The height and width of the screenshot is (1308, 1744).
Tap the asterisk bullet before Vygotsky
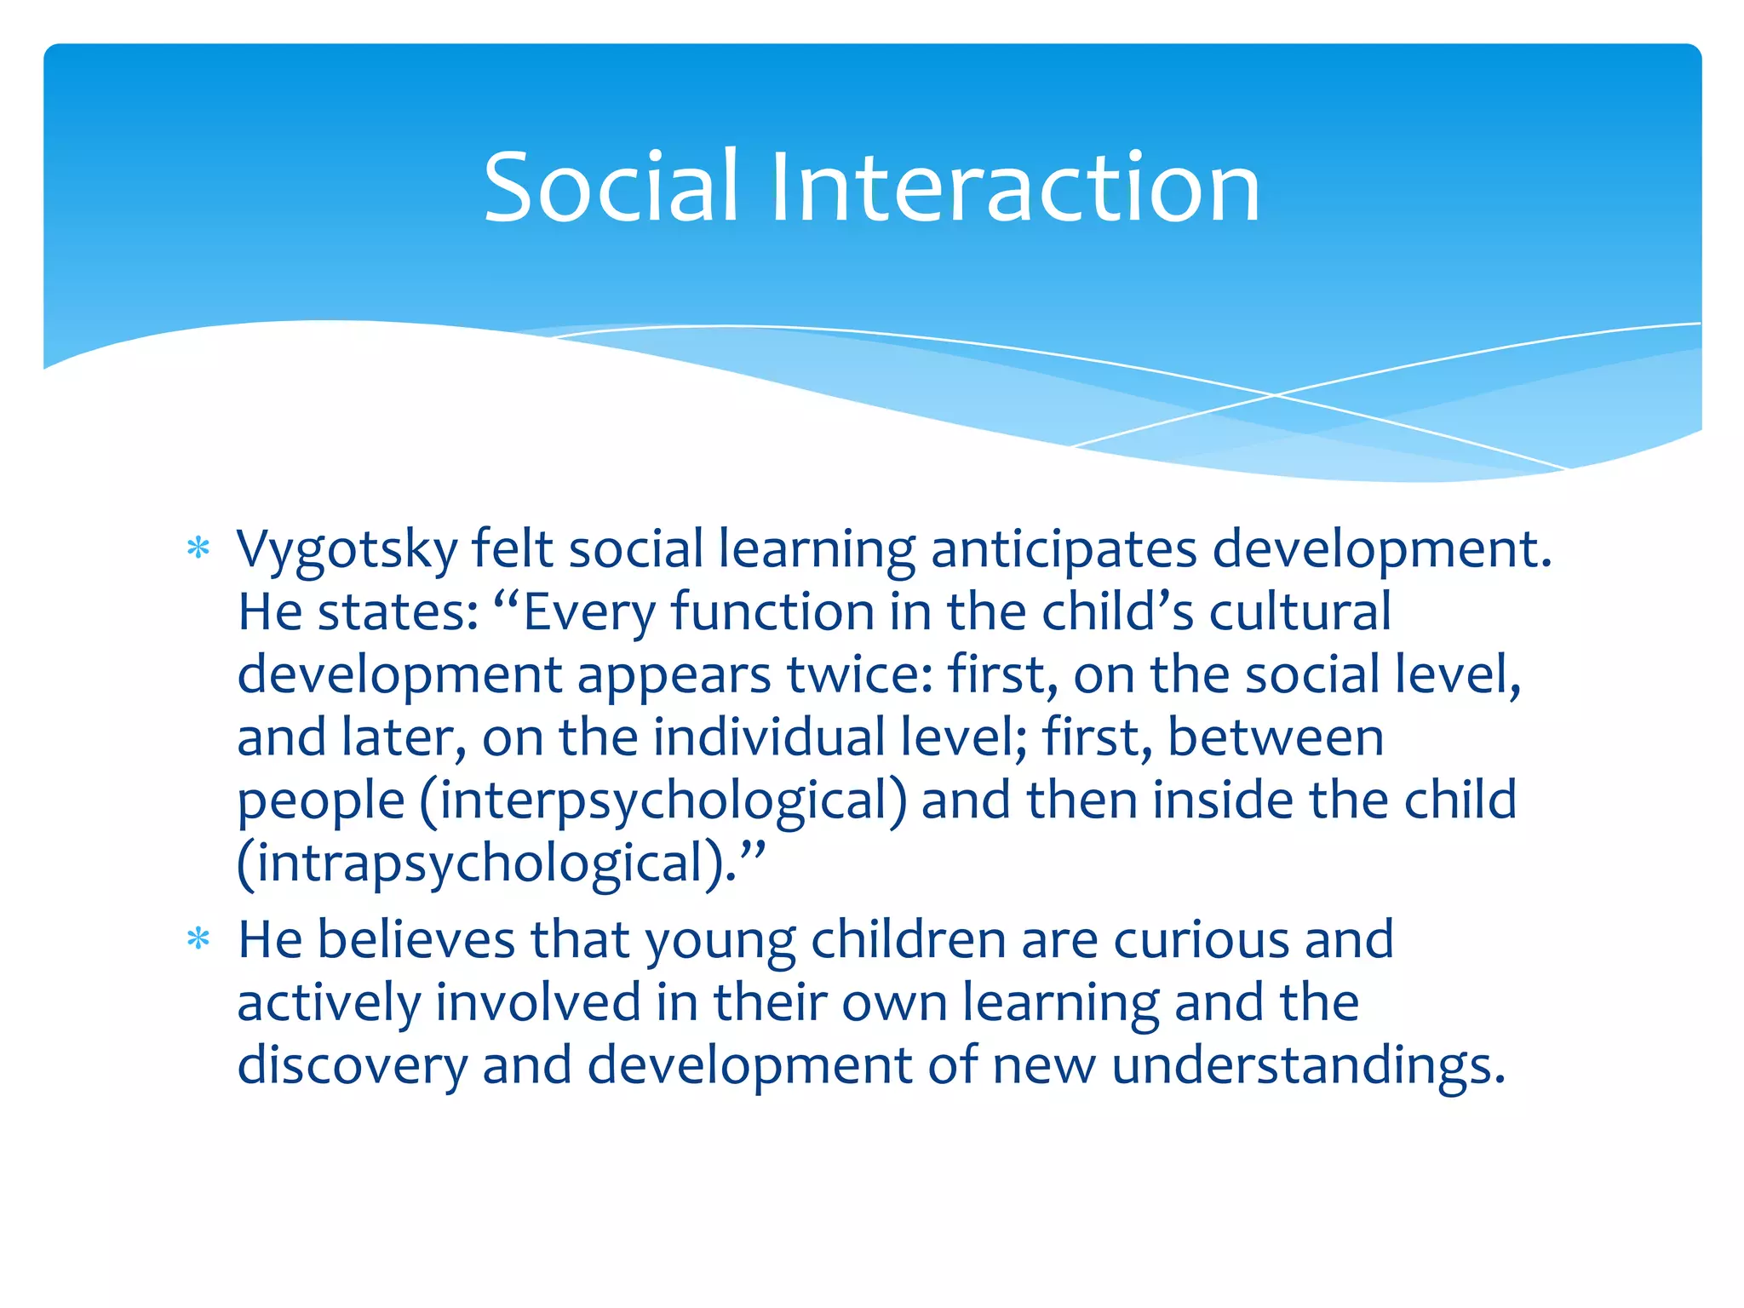[198, 548]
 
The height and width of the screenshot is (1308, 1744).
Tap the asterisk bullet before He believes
[198, 939]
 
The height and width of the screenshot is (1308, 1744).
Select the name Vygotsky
[347, 549]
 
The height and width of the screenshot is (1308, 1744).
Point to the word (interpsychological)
[663, 800]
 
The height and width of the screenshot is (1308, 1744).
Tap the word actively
[329, 1003]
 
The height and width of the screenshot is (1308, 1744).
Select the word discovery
[352, 1066]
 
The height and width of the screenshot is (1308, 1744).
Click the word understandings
[1308, 1066]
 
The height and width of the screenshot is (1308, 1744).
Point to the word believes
[416, 940]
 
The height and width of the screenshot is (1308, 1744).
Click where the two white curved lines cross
[1275, 395]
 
